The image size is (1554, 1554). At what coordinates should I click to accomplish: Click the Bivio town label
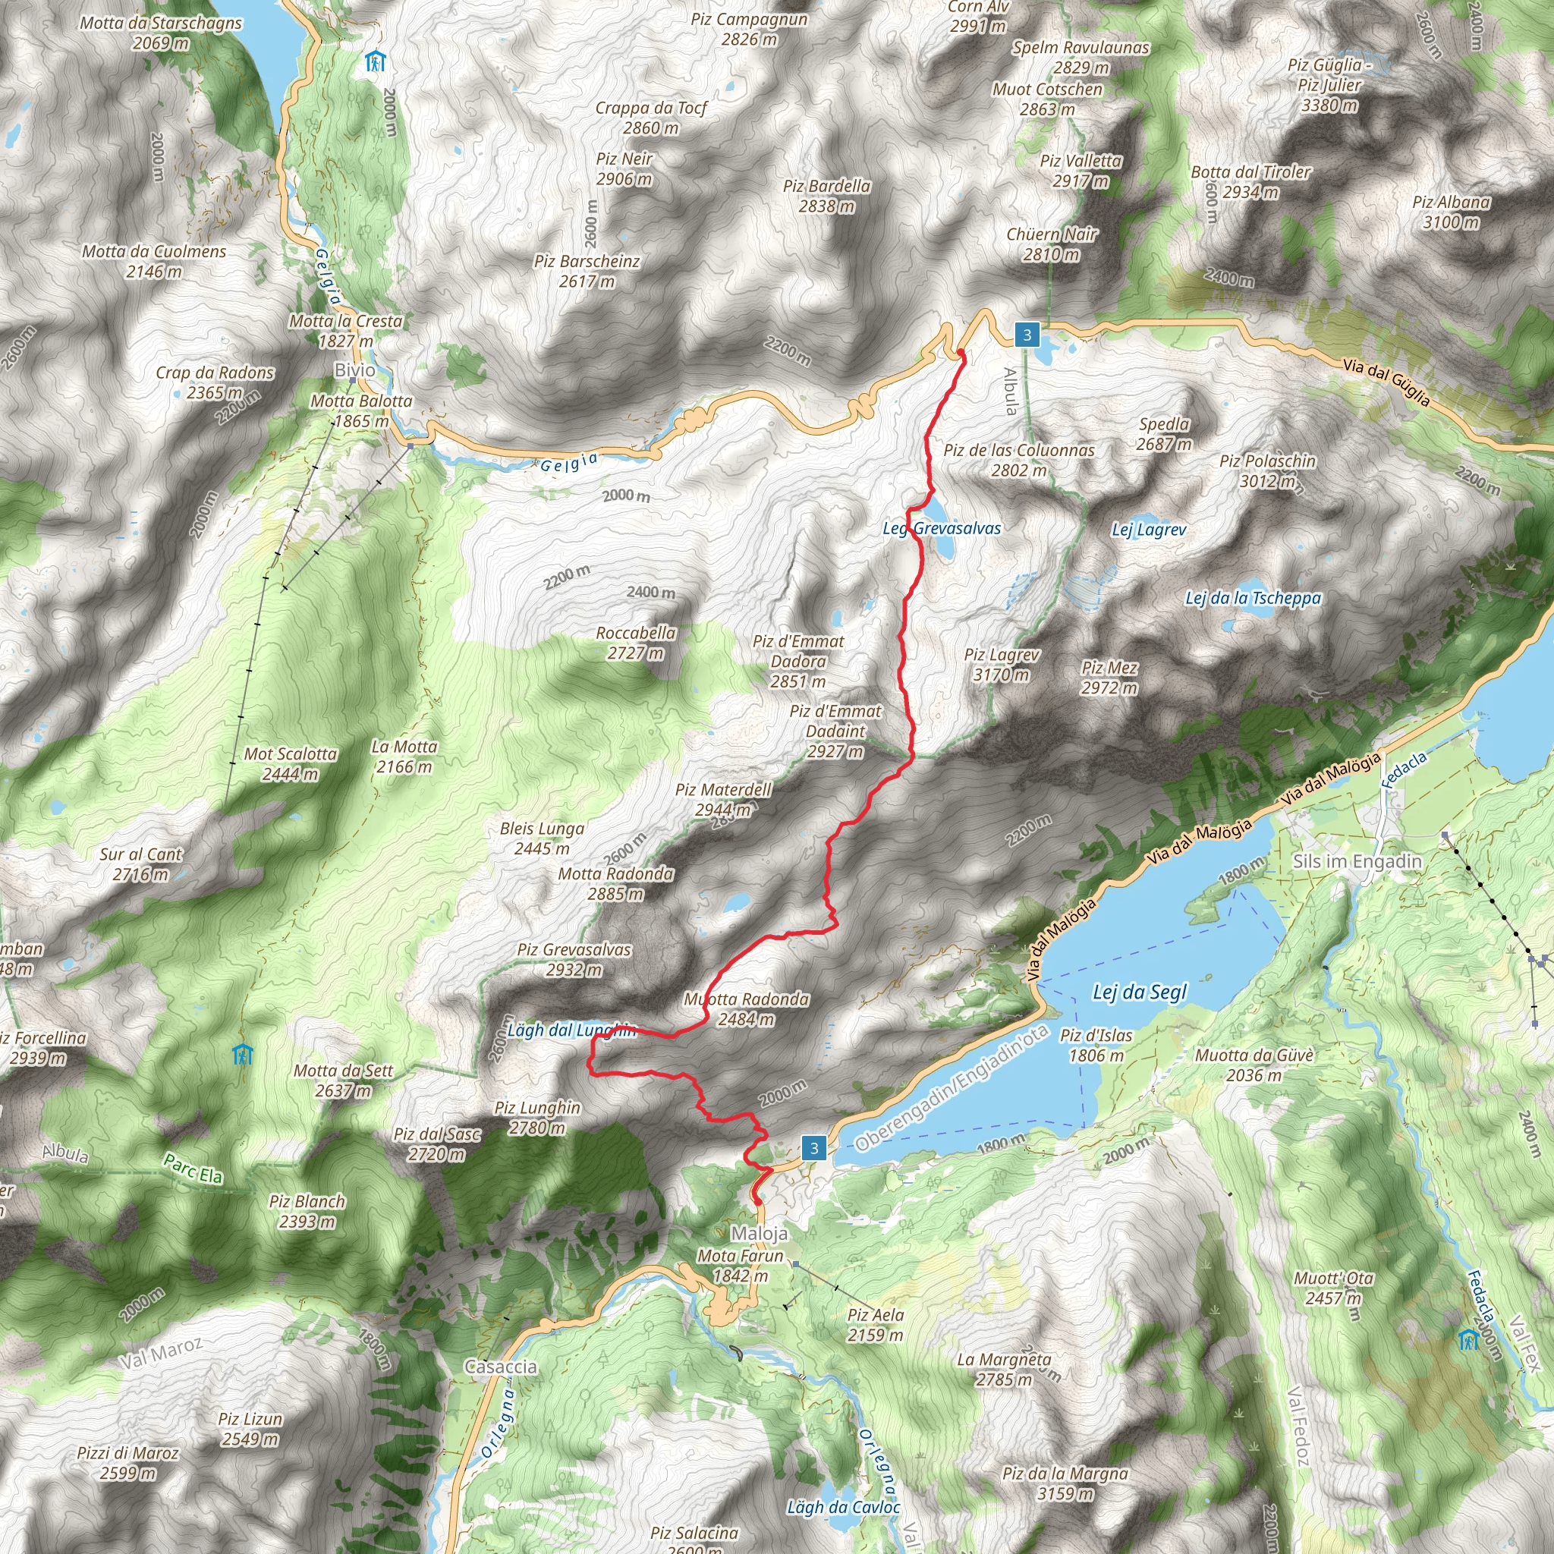(354, 370)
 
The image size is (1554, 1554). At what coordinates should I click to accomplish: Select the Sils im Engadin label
(1357, 861)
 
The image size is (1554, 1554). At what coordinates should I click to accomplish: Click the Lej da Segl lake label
(1139, 992)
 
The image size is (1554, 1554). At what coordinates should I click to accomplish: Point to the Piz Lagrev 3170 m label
(1002, 665)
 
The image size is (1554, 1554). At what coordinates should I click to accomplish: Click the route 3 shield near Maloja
(814, 1148)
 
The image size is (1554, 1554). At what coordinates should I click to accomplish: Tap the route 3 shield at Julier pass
(1027, 335)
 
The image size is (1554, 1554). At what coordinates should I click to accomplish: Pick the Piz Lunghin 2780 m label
(536, 1117)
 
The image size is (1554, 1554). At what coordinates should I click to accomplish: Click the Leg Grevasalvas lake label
(942, 528)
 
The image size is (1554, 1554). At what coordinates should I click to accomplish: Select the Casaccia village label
(500, 1367)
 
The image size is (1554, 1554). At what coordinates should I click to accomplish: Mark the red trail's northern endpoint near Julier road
(961, 352)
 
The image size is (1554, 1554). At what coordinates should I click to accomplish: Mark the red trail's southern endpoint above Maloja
(757, 1202)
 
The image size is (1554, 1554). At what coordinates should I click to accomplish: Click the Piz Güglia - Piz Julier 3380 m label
(1329, 84)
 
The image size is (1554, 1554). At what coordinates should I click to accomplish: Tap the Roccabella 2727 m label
(635, 643)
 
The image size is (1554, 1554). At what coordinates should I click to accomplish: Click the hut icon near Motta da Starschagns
(375, 61)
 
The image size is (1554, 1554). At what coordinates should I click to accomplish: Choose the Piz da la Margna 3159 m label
(1065, 1483)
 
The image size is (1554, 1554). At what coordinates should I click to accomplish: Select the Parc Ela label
(193, 1169)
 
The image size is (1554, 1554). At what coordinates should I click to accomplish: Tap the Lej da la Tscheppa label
(1252, 598)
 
